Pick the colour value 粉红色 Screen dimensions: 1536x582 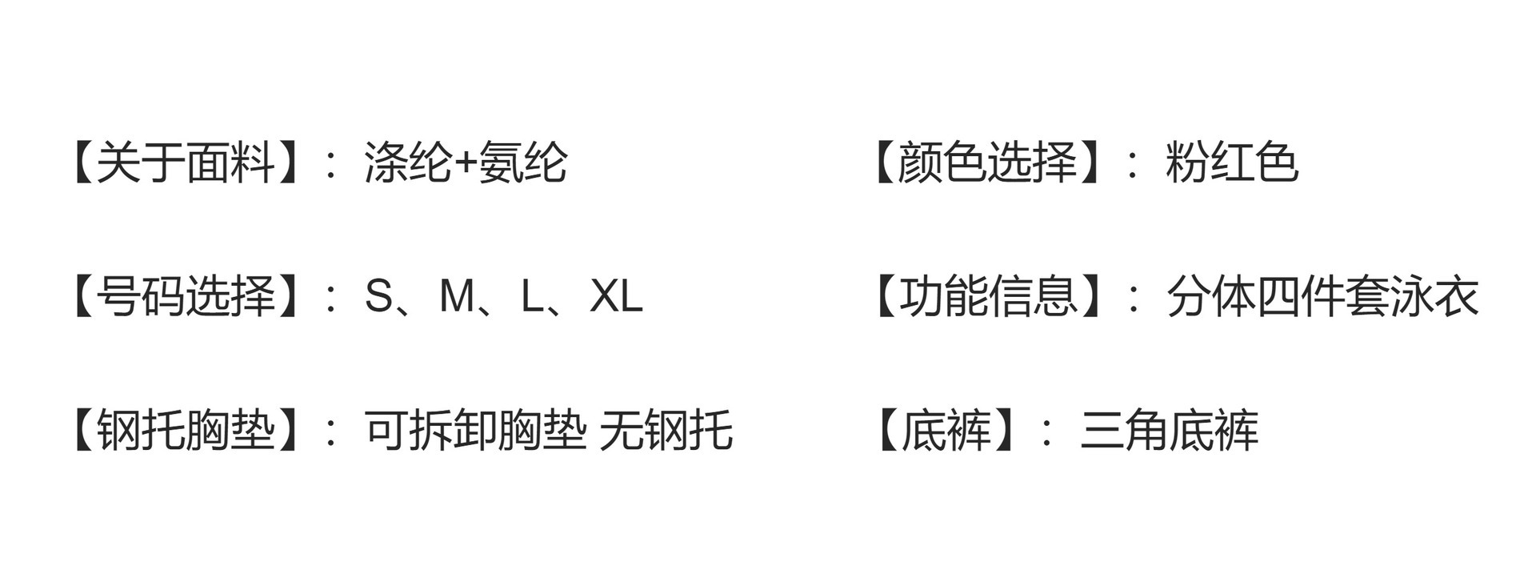pyautogui.click(x=1232, y=163)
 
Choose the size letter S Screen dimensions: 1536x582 pyautogui.click(x=379, y=296)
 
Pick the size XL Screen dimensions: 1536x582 pyautogui.click(x=616, y=296)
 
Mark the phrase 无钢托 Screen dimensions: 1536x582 pyautogui.click(x=666, y=430)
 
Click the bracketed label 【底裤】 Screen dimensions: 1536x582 pyautogui.click(x=944, y=430)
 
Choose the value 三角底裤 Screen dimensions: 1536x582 pyautogui.click(x=1169, y=430)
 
